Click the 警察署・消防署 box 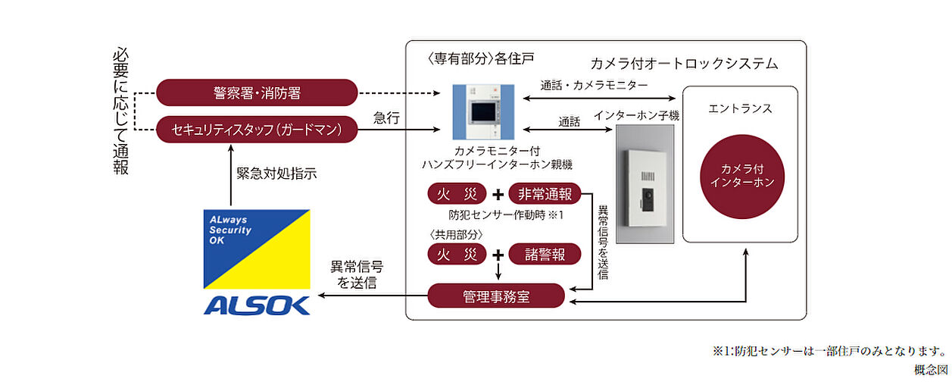257,93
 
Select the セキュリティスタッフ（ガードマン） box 257,130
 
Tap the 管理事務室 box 496,296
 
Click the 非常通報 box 545,194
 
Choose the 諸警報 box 545,254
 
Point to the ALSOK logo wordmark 256,305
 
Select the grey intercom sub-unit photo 644,184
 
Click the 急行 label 387,117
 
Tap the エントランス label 740,108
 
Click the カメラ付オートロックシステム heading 684,64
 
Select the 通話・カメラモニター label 595,86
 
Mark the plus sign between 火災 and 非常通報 498,194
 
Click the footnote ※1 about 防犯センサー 829,352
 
